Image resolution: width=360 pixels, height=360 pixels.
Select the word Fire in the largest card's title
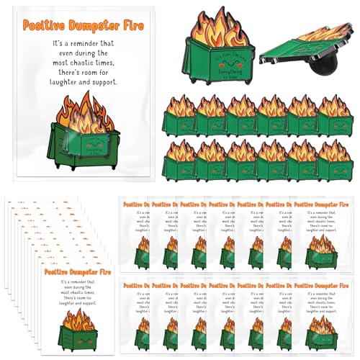click(x=131, y=26)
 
